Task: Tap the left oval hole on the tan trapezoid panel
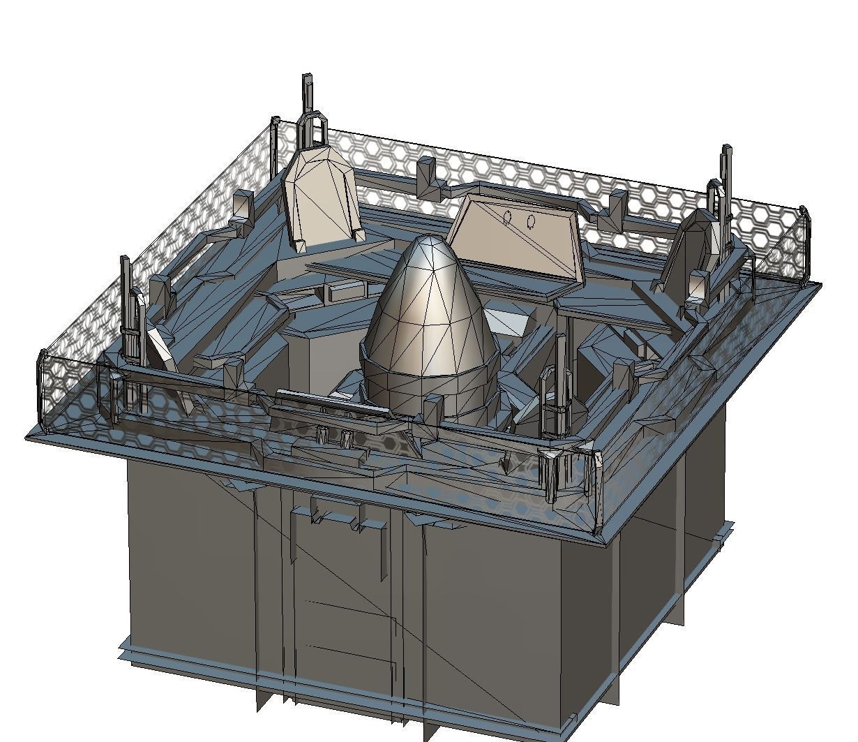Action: coord(508,218)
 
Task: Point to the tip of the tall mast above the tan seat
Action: coord(307,77)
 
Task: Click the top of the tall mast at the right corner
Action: coord(728,149)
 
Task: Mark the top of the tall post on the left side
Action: coord(125,260)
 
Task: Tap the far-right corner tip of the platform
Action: coord(820,284)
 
